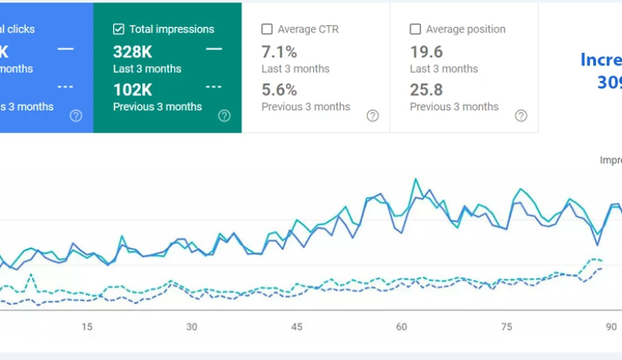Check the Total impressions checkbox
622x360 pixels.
118,30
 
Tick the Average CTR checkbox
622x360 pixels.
267,30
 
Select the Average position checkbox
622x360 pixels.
415,30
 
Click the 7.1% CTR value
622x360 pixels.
279,52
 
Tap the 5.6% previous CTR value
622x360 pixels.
279,90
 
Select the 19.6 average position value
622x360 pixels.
426,52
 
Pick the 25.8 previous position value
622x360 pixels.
426,90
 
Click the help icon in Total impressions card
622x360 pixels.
224,115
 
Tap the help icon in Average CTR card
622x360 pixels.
373,115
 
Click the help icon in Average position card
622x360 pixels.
521,115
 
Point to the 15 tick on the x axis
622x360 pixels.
87,327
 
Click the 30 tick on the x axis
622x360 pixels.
192,327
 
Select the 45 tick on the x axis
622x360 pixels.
297,327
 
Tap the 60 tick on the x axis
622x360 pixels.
402,327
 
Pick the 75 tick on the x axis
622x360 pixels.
507,327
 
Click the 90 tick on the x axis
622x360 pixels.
611,327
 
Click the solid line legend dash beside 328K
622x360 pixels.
214,49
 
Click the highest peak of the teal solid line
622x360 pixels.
415,179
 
